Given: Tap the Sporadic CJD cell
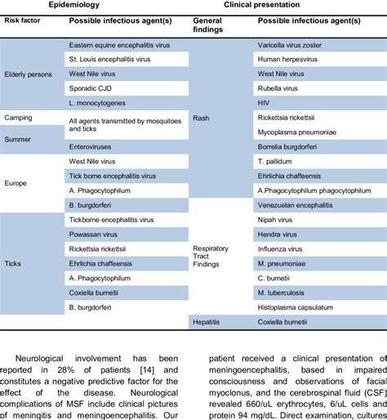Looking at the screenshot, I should pyautogui.click(x=88, y=88).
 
